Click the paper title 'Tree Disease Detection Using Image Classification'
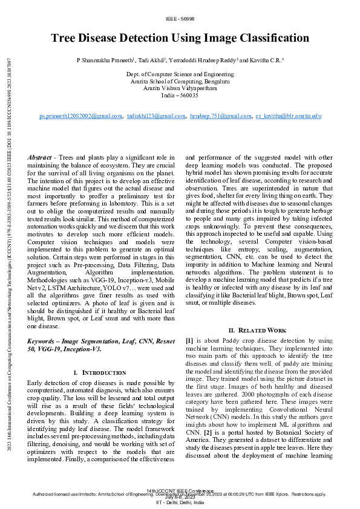180,38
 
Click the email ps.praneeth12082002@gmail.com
80,115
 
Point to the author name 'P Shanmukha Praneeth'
105,61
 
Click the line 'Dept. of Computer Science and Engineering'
180,74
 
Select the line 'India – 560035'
180,96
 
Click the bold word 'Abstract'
40,157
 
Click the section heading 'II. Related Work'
257,330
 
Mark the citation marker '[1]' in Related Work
189,342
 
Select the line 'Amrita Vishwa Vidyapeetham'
180,88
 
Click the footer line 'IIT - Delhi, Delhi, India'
180,503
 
